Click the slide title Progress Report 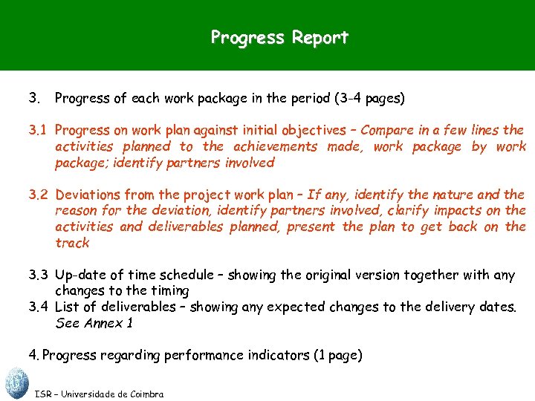[x=279, y=37]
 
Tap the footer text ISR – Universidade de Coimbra [x=100, y=394]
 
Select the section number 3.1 [x=39, y=131]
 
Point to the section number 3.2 [x=39, y=195]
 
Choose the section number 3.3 [x=39, y=276]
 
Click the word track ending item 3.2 [x=72, y=244]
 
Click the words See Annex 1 [x=93, y=324]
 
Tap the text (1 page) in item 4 [x=334, y=356]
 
